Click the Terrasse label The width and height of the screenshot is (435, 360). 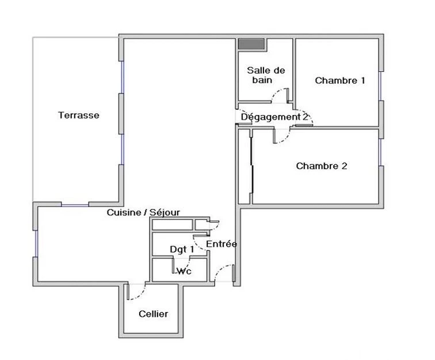pyautogui.click(x=79, y=115)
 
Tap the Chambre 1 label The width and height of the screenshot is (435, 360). pyautogui.click(x=340, y=81)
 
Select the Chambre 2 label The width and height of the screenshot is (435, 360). pyautogui.click(x=322, y=166)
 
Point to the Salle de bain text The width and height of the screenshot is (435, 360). pyautogui.click(x=266, y=75)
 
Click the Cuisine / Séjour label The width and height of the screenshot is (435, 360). pyautogui.click(x=143, y=212)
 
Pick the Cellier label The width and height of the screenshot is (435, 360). pyautogui.click(x=154, y=314)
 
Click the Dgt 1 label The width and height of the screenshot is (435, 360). pyautogui.click(x=182, y=250)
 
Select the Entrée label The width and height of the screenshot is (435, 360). pyautogui.click(x=222, y=244)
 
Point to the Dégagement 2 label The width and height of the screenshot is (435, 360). pyautogui.click(x=274, y=117)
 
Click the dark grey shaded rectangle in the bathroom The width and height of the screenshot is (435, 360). pyautogui.click(x=251, y=44)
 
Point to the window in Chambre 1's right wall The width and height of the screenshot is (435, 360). pyautogui.click(x=381, y=86)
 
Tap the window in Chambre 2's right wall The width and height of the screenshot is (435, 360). pyautogui.click(x=381, y=152)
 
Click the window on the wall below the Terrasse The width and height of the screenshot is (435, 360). pyautogui.click(x=75, y=205)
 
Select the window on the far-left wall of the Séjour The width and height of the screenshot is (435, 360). pyautogui.click(x=36, y=243)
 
